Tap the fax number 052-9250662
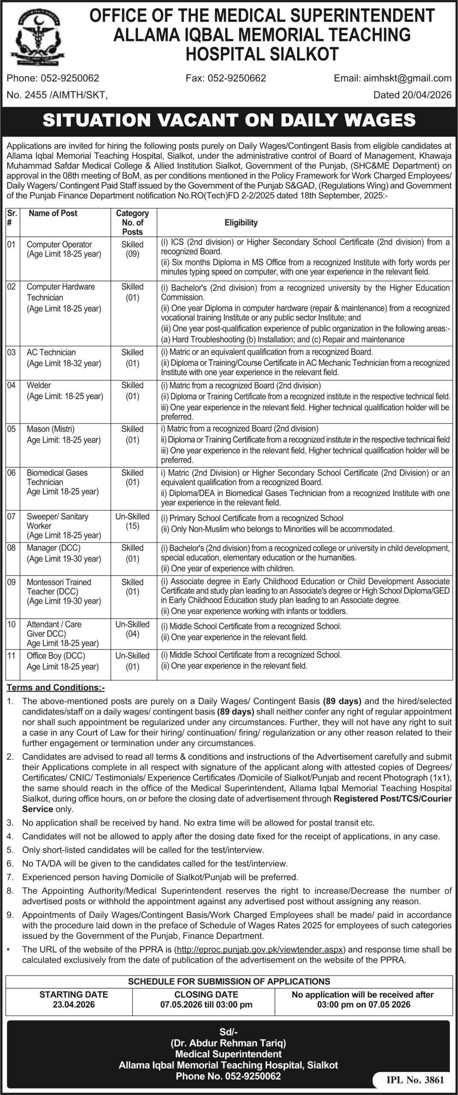coord(241,78)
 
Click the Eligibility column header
coord(241,222)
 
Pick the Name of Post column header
coord(53,213)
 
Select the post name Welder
coord(39,385)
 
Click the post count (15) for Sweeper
coord(132,526)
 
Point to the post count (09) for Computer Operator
coord(132,254)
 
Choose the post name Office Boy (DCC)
coord(56,656)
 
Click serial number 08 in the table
coord(12,548)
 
